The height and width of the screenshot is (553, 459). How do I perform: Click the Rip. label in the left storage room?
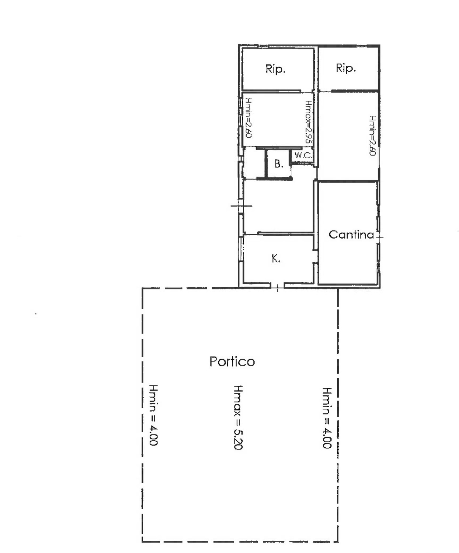tap(275, 69)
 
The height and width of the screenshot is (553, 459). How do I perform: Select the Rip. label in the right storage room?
tap(346, 68)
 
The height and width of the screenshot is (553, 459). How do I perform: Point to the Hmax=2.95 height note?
tap(309, 122)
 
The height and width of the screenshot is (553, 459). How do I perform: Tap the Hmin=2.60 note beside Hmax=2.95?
tap(248, 118)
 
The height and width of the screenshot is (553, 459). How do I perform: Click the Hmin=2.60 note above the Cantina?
tap(373, 135)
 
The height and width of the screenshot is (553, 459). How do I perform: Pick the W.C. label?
tap(303, 155)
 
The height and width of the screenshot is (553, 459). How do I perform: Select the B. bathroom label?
tap(279, 164)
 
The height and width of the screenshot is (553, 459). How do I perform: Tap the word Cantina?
tap(351, 235)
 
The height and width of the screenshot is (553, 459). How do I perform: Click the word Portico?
tap(232, 362)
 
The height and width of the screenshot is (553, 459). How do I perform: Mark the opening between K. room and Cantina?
tap(315, 256)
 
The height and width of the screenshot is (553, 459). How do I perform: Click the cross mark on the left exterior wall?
tap(241, 206)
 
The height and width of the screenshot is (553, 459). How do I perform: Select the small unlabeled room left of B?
tap(254, 163)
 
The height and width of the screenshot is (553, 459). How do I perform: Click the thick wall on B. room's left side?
tap(266, 164)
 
